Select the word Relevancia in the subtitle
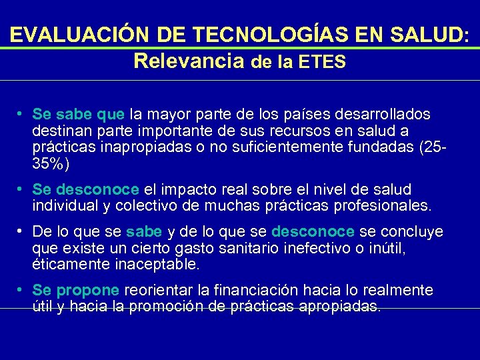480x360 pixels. (x=189, y=61)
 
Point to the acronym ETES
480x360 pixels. (x=322, y=62)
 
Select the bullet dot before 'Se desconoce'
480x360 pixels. (x=22, y=189)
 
